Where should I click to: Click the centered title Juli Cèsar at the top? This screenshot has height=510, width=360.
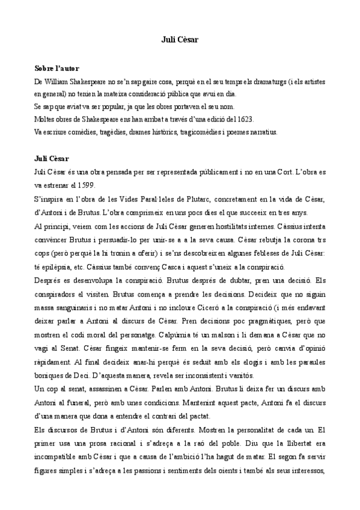180,39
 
